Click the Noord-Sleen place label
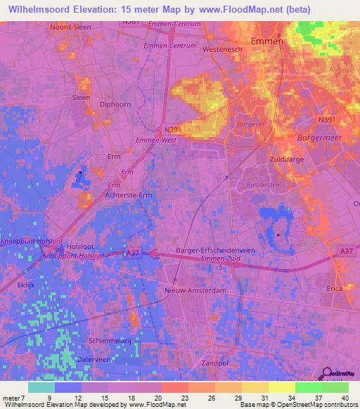click(x=70, y=27)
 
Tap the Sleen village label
click(x=82, y=98)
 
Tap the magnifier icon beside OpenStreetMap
click(x=328, y=377)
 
